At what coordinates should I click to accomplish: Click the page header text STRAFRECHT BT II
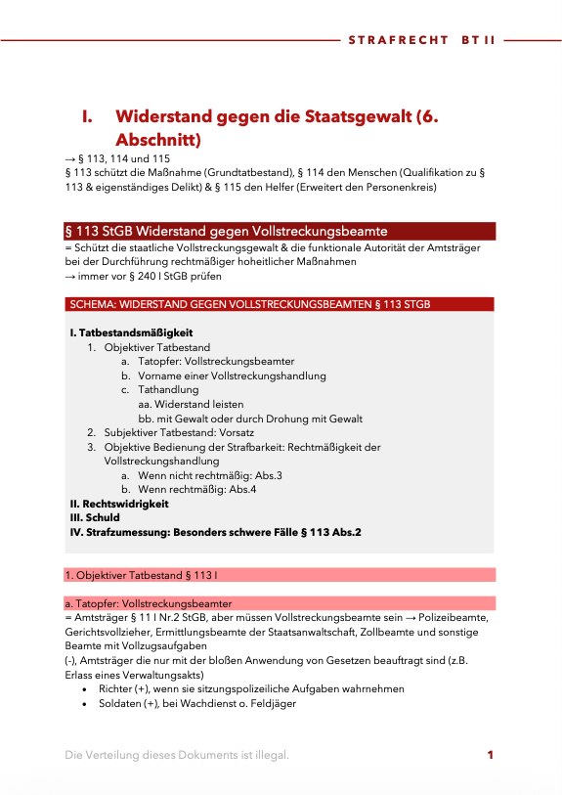[x=422, y=41]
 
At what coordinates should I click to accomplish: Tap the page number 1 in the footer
[x=490, y=754]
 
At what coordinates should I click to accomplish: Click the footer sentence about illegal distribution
[x=177, y=755]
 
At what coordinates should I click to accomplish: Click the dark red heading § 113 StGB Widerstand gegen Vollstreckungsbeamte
[x=226, y=231]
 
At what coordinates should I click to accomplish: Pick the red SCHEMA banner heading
[x=250, y=305]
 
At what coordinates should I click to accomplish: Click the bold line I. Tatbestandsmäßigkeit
[x=132, y=333]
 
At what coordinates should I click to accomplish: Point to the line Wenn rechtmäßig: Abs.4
[x=197, y=489]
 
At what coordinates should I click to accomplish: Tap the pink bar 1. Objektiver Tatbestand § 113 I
[x=141, y=575]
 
